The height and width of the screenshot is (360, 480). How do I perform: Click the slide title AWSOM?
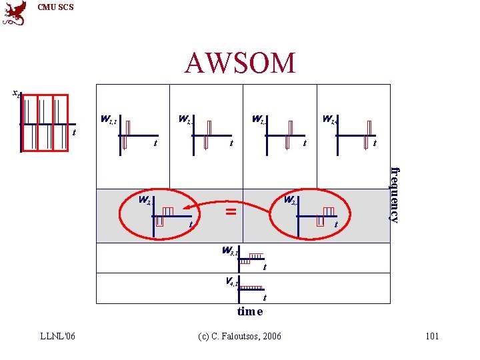click(x=240, y=63)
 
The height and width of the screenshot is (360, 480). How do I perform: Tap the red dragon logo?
click(x=15, y=13)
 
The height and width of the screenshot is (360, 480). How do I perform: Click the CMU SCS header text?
click(x=56, y=7)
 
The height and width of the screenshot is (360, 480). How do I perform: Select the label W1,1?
click(x=109, y=120)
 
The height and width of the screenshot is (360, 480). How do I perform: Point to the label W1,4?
click(x=330, y=120)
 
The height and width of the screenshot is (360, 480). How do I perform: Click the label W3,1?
click(x=231, y=251)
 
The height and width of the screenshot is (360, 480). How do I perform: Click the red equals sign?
click(x=231, y=211)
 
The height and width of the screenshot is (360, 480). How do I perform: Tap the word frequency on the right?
click(x=395, y=194)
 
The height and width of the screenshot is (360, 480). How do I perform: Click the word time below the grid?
click(x=250, y=311)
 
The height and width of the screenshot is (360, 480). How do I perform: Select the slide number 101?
click(x=432, y=336)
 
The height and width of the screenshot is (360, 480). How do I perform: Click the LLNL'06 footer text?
click(x=57, y=336)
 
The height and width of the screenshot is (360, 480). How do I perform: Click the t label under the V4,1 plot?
click(x=265, y=297)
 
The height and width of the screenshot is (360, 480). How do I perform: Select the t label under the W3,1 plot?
click(x=265, y=268)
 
